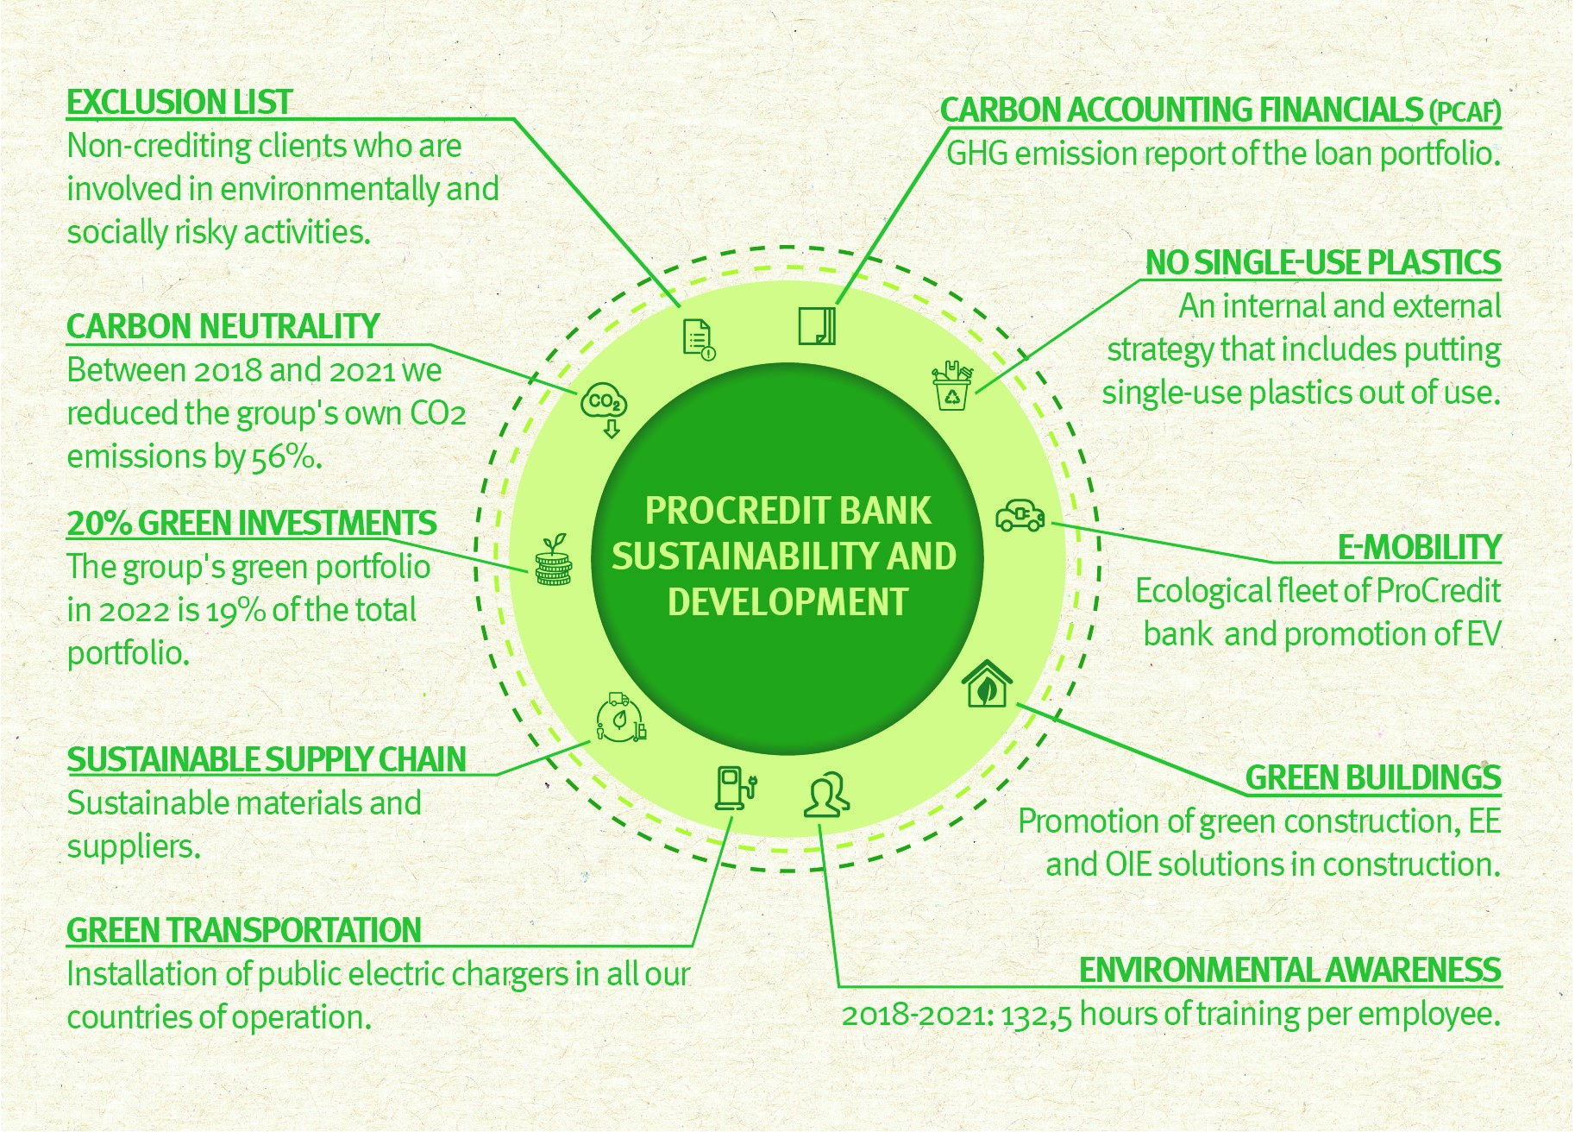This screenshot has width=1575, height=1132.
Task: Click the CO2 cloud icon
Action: [x=604, y=408]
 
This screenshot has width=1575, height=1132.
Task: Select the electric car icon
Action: [x=1020, y=515]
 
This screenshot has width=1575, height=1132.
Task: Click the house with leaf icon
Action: [x=987, y=683]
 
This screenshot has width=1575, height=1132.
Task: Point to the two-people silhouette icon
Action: [x=826, y=794]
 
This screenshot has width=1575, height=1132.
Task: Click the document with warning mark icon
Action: [x=699, y=339]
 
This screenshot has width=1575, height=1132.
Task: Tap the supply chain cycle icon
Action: [x=620, y=718]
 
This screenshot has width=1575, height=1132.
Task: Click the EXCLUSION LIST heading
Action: [x=179, y=102]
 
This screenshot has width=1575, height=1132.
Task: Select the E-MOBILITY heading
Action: [x=1419, y=547]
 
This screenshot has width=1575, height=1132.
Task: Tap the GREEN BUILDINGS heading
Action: [x=1372, y=777]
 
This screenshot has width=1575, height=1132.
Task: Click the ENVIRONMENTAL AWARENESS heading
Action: [x=1289, y=970]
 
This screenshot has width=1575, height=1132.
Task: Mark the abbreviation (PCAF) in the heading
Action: [x=1465, y=111]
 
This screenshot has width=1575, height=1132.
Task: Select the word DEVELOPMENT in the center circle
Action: [x=787, y=601]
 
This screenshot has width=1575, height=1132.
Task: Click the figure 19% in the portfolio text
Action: [x=235, y=611]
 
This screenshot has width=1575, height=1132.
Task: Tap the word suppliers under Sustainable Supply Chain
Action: [x=134, y=847]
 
